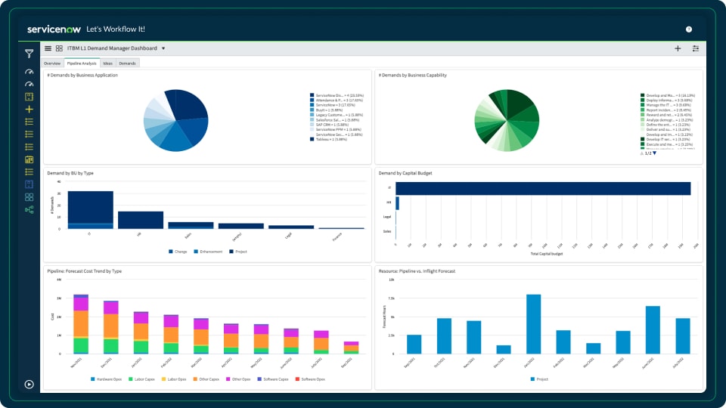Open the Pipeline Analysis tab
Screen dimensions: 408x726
[x=81, y=63]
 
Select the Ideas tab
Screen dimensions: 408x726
[x=108, y=63]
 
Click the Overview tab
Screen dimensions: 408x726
[x=52, y=63]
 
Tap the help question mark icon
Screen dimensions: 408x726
[x=689, y=29]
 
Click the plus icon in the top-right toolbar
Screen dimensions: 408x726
[x=678, y=48]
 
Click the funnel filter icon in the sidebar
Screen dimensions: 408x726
[x=29, y=54]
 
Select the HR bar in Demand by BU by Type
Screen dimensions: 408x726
[x=141, y=220]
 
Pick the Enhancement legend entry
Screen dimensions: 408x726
[x=209, y=251]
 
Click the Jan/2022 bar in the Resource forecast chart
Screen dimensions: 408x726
[x=534, y=323]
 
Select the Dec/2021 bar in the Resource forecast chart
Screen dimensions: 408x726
[x=504, y=349]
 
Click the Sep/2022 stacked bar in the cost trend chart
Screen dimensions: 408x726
[x=351, y=348]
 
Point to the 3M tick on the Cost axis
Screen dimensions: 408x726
[x=59, y=298]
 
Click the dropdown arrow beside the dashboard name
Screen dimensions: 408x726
[x=163, y=48]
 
